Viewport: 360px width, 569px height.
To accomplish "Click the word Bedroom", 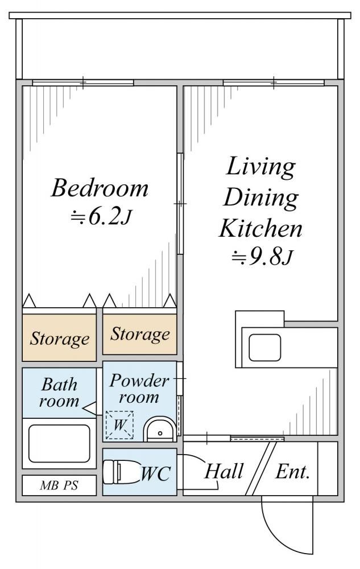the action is coord(100,188).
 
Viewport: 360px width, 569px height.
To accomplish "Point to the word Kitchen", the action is coord(260,228).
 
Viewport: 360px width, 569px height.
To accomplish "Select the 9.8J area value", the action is coord(262,257).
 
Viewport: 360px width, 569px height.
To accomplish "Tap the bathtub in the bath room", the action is coord(59,443).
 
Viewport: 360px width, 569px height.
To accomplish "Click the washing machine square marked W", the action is coord(119,425).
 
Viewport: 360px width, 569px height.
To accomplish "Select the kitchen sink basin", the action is coord(264,348).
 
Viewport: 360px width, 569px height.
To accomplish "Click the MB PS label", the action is coord(59,485).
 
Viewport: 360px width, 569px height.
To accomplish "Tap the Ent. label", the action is coord(293,472).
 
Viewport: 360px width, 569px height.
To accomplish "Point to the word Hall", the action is coord(224,471).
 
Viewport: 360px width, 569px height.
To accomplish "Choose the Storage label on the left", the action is coord(60,339).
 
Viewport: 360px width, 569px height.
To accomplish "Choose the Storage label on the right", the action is coord(140,334).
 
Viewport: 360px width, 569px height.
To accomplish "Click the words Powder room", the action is coord(139,389).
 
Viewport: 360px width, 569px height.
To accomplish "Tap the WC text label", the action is coord(155,473).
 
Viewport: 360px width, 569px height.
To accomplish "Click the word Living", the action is coord(260,167).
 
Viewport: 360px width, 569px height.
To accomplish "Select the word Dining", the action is coord(260,198).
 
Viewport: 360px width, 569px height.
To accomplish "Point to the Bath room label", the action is coord(59,393).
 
